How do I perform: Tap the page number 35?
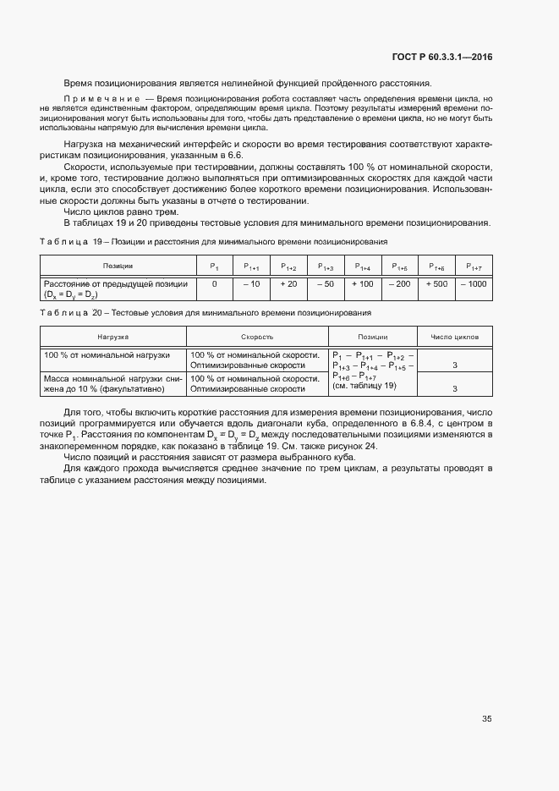(x=487, y=719)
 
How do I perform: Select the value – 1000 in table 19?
(x=474, y=284)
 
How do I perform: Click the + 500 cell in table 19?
(x=437, y=284)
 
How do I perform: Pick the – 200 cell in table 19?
(x=399, y=284)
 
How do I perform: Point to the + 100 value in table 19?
(x=362, y=284)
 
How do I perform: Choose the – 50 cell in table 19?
(x=326, y=284)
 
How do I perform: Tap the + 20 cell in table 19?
(x=288, y=284)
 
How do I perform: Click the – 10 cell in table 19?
(x=251, y=284)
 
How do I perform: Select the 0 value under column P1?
(x=215, y=284)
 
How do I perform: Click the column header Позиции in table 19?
(x=118, y=266)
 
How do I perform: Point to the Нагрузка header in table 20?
(x=112, y=337)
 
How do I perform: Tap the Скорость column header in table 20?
(x=256, y=337)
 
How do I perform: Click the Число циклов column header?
(x=455, y=337)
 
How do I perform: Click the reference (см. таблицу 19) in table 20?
(x=364, y=386)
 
